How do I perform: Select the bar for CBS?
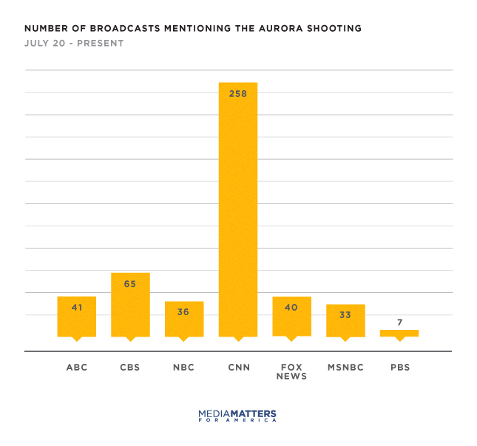130,305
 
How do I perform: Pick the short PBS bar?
399,333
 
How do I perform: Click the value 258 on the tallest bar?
238,94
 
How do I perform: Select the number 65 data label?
130,284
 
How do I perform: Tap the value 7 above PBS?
399,322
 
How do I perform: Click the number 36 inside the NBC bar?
183,312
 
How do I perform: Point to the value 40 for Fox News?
291,307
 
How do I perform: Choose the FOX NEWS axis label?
291,371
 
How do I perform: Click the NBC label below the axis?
183,367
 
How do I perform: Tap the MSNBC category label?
345,367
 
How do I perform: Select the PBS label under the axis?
399,367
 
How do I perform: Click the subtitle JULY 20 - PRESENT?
74,44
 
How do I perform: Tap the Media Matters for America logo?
238,415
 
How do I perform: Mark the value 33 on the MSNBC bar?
345,314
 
